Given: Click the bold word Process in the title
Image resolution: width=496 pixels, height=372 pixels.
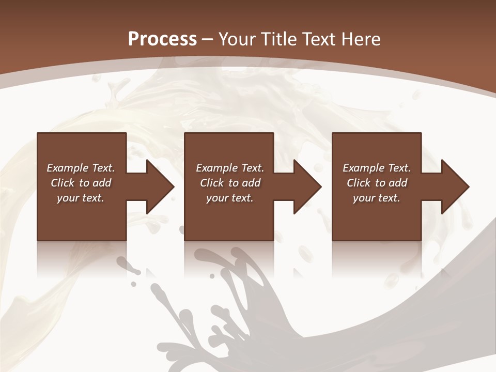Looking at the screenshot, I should point(162,39).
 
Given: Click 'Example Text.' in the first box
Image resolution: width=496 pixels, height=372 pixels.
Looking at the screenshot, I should point(81,168).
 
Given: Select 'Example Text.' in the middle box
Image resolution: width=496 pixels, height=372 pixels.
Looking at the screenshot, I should point(230,168).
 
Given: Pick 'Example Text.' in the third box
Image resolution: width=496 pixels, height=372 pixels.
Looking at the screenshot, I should point(377,168).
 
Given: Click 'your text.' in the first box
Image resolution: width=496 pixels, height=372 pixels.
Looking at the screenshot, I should point(81,198).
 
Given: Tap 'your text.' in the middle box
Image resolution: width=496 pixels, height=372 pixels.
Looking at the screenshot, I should point(230,198).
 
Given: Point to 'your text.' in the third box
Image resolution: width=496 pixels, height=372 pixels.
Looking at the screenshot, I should point(377,198).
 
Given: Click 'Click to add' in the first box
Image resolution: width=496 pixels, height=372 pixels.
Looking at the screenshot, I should point(81,183).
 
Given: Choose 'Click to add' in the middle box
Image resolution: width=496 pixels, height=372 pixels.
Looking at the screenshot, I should point(230,183).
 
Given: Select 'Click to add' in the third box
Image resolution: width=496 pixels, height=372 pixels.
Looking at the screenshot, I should point(377,183).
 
